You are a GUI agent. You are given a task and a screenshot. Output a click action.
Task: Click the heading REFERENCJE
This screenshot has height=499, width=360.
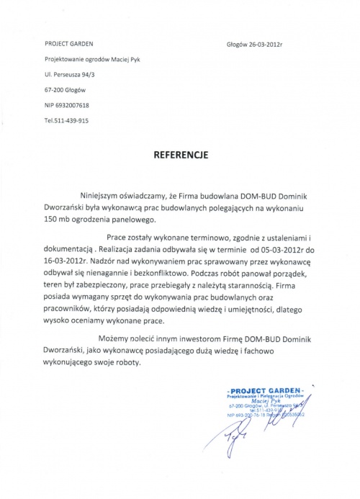179,153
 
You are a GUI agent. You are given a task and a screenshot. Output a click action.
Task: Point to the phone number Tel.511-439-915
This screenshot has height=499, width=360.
66,120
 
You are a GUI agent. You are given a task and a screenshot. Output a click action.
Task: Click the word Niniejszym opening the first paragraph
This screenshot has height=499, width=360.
100,194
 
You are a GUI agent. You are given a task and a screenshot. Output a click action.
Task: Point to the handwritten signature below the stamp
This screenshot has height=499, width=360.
245,436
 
